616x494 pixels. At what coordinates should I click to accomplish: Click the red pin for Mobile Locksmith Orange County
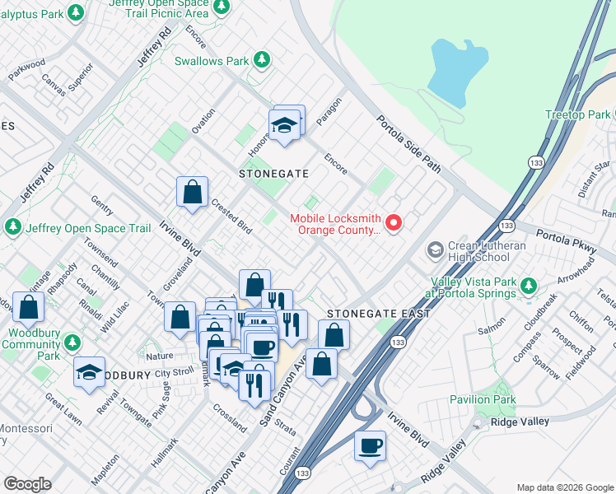(x=394, y=222)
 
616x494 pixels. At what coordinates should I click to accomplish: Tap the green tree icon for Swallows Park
(x=262, y=60)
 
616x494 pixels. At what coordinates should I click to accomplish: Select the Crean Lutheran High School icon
(x=435, y=249)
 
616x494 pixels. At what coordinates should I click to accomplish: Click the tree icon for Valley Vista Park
(x=528, y=286)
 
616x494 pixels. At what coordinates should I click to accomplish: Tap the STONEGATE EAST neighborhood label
(x=379, y=315)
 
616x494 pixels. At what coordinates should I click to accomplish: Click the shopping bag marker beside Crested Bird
(x=192, y=193)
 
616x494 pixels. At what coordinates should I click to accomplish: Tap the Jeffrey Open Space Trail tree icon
(x=13, y=226)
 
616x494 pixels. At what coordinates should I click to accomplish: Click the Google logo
(x=27, y=484)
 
